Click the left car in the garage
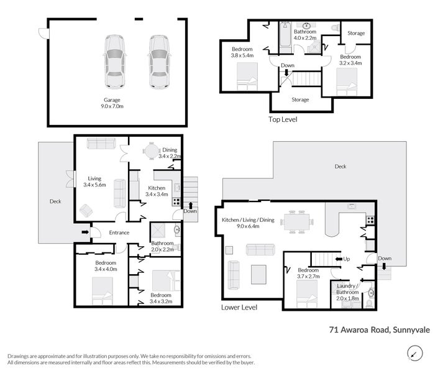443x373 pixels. (x=115, y=62)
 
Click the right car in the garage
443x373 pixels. (x=159, y=62)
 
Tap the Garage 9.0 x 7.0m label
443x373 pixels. (x=112, y=103)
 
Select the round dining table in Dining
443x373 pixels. (x=151, y=151)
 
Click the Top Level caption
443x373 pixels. (x=283, y=119)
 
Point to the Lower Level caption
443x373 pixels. (x=239, y=307)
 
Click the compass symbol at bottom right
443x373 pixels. (x=415, y=353)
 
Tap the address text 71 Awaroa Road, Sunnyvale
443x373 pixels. (x=380, y=329)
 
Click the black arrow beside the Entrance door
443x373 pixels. (x=84, y=232)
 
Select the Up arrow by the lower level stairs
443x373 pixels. (x=339, y=259)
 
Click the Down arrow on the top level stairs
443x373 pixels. (x=286, y=73)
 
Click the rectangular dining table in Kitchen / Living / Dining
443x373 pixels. (x=296, y=222)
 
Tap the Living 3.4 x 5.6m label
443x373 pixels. (x=94, y=182)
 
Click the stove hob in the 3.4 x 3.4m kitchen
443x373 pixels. (x=176, y=201)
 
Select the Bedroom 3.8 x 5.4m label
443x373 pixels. (x=242, y=52)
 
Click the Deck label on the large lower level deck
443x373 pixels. (x=340, y=167)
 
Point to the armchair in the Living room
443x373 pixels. (x=86, y=211)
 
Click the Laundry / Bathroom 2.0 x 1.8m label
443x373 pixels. (x=347, y=292)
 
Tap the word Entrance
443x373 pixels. (x=119, y=233)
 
